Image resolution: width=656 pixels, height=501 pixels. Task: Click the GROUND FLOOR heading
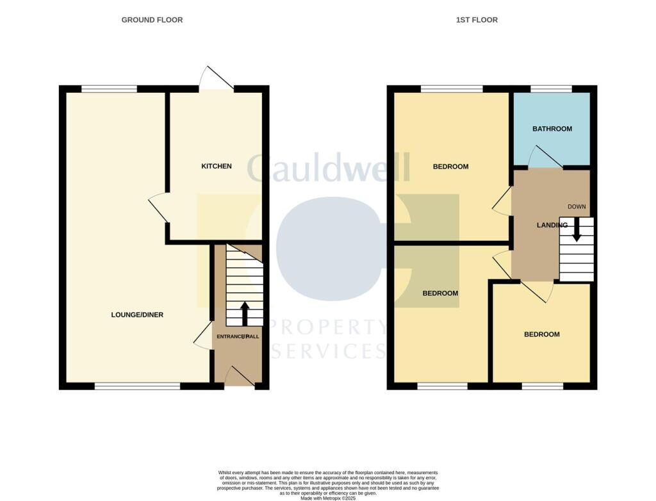tap(152, 20)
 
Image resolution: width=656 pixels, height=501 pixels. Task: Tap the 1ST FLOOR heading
tap(477, 20)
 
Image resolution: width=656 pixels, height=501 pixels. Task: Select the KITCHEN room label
tap(217, 167)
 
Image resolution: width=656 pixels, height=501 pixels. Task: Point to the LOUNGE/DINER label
tap(137, 315)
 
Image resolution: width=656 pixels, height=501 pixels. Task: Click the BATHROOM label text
tap(552, 129)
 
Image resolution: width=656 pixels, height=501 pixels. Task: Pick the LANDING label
tap(552, 225)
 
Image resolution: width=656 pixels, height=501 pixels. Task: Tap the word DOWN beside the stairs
tap(577, 206)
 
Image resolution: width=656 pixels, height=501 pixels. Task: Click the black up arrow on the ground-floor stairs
tap(244, 313)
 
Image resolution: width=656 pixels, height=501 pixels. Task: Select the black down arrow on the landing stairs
tap(577, 230)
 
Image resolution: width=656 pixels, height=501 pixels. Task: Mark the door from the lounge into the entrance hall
tap(203, 336)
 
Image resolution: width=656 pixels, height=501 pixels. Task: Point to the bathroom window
tap(551, 89)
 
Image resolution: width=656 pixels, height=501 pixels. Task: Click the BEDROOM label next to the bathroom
tap(450, 167)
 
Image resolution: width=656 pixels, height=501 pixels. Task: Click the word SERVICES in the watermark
tap(328, 351)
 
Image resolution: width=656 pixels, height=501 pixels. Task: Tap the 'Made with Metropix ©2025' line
tap(327, 498)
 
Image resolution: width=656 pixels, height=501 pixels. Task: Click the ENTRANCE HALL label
tap(238, 336)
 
